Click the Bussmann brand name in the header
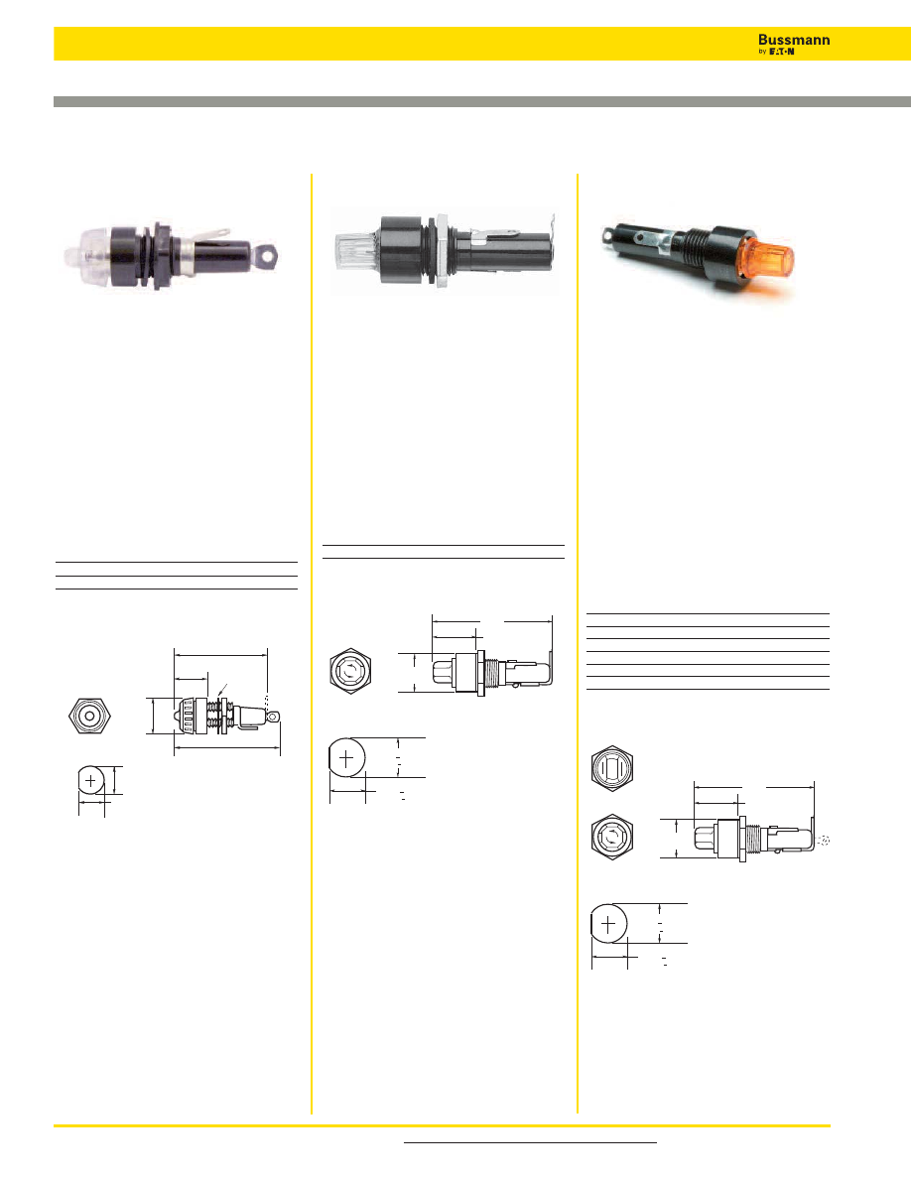794,40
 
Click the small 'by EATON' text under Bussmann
776,52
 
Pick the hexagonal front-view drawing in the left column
90,716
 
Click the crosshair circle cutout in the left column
91,780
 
